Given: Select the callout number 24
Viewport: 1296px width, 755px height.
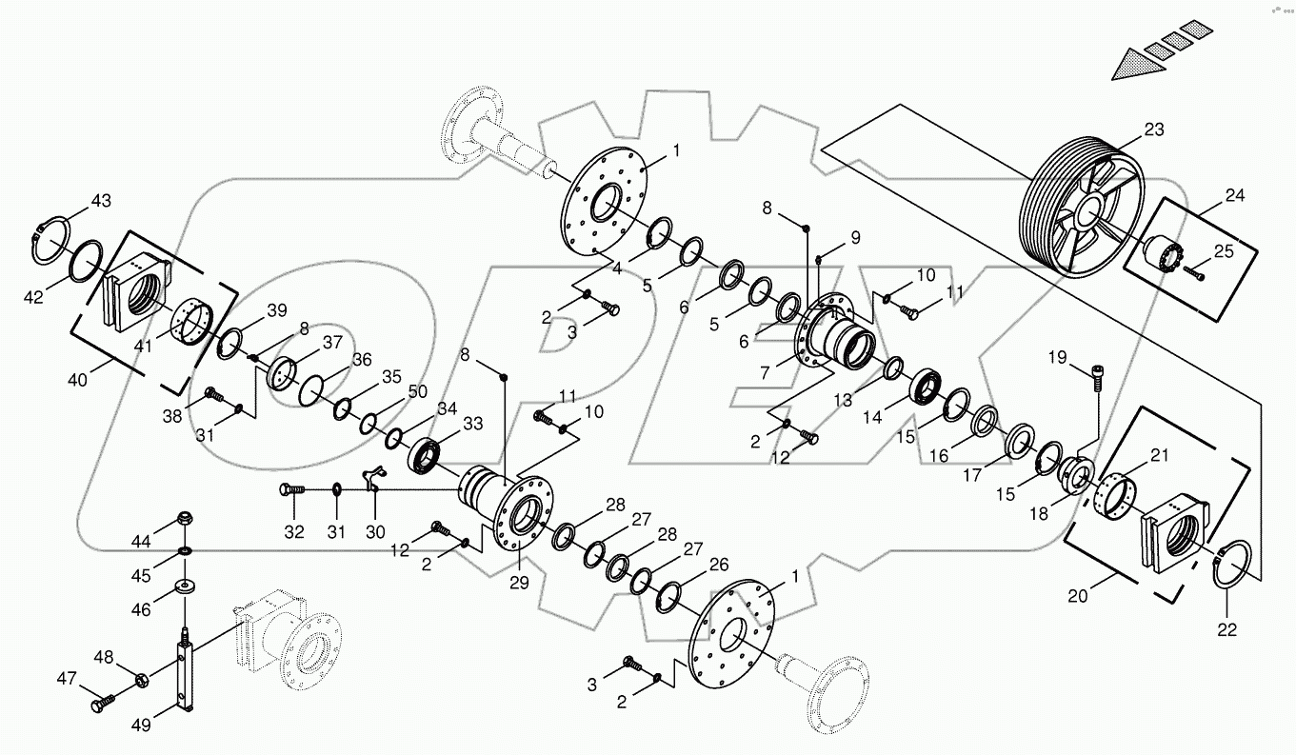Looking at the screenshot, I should (x=1234, y=196).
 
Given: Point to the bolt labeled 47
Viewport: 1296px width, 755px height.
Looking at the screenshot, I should (x=101, y=705).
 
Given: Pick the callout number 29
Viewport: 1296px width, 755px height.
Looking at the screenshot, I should (x=518, y=582).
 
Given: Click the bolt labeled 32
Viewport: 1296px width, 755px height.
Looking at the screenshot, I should (x=290, y=489).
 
